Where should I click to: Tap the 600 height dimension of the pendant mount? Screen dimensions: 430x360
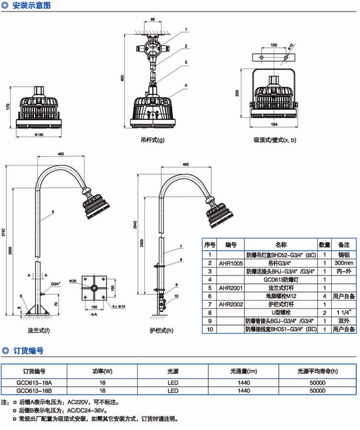point(123,78)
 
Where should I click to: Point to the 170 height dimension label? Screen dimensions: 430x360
point(9,107)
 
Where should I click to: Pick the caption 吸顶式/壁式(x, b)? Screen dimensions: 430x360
point(275,139)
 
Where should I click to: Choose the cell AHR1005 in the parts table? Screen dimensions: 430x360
point(230,263)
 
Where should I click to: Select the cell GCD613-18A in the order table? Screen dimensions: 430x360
point(34,383)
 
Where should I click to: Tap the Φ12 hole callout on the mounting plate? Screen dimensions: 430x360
point(291,47)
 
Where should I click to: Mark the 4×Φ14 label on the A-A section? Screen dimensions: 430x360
point(118,306)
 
